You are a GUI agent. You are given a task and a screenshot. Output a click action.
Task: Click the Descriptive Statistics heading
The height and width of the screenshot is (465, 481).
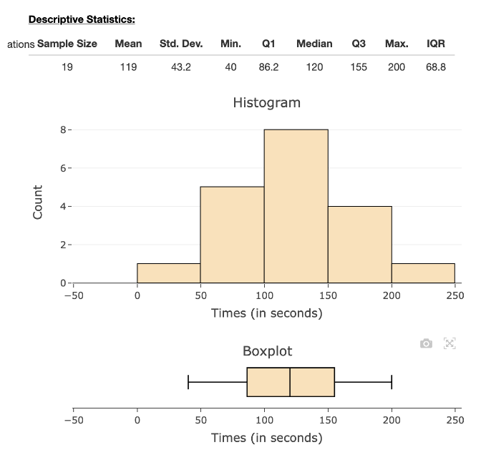pyautogui.click(x=82, y=19)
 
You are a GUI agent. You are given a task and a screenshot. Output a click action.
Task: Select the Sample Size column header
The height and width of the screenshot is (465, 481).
pyautogui.click(x=67, y=44)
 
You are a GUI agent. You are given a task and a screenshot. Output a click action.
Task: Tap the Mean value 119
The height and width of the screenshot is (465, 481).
pyautogui.click(x=128, y=67)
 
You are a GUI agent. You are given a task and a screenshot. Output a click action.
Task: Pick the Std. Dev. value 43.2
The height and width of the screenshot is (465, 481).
pyautogui.click(x=180, y=67)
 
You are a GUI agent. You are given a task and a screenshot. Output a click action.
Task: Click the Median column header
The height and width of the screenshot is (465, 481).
pyautogui.click(x=314, y=44)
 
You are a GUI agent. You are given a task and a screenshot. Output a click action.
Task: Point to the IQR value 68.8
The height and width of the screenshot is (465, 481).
pyautogui.click(x=435, y=67)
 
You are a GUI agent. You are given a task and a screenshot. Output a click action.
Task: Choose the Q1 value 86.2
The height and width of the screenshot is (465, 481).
pyautogui.click(x=268, y=67)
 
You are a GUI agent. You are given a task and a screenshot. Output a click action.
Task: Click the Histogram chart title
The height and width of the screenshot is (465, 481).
pyautogui.click(x=266, y=102)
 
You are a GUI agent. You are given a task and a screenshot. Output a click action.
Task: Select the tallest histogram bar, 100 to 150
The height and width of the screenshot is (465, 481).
pyautogui.click(x=296, y=207)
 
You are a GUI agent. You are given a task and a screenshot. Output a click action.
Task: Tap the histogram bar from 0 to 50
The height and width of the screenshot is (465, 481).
pyautogui.click(x=168, y=273)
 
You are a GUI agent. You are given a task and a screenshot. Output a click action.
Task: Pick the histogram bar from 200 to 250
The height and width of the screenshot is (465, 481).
pyautogui.click(x=423, y=273)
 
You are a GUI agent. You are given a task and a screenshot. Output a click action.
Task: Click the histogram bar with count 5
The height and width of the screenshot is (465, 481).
pyautogui.click(x=232, y=236)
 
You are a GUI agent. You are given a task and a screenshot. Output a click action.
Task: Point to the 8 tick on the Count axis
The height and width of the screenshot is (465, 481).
pyautogui.click(x=63, y=130)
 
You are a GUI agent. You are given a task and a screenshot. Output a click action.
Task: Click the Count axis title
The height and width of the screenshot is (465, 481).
pyautogui.click(x=38, y=202)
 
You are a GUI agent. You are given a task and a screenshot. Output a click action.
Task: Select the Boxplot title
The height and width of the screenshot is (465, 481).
pyautogui.click(x=267, y=351)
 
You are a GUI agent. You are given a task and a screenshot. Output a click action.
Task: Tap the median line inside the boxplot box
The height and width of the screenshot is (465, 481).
pyautogui.click(x=290, y=382)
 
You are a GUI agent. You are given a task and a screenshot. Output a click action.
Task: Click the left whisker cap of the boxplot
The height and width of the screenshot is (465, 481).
pyautogui.click(x=188, y=382)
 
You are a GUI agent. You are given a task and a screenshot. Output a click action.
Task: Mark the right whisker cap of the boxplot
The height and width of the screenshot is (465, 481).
pyautogui.click(x=392, y=382)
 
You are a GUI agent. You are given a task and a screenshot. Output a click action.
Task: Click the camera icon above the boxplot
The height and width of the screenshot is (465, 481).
pyautogui.click(x=426, y=343)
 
